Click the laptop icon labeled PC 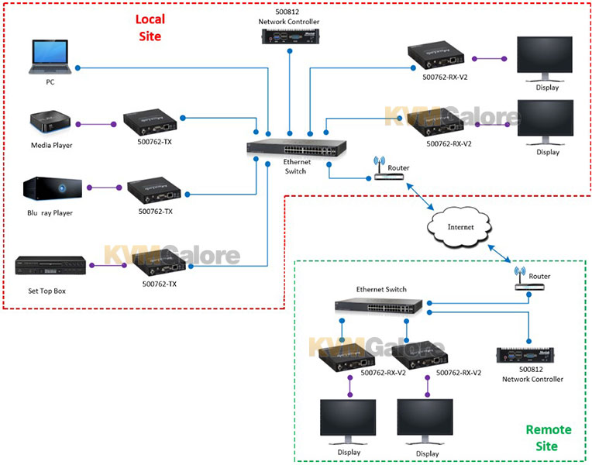click(x=50, y=57)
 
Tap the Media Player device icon click(x=50, y=122)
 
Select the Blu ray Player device click(x=53, y=188)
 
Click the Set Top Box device click(x=50, y=265)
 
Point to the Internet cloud click(x=459, y=226)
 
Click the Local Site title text click(x=150, y=28)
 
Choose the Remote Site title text click(x=548, y=438)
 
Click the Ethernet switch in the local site click(x=296, y=147)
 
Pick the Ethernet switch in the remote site click(x=379, y=305)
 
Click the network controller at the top click(x=291, y=37)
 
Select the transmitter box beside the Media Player click(x=150, y=122)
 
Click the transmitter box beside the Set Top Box click(x=159, y=263)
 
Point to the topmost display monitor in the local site click(x=545, y=59)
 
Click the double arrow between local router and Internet click(x=420, y=196)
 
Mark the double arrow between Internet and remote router click(x=499, y=253)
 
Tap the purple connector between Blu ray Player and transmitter click(x=104, y=188)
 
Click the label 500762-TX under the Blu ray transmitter click(x=155, y=211)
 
